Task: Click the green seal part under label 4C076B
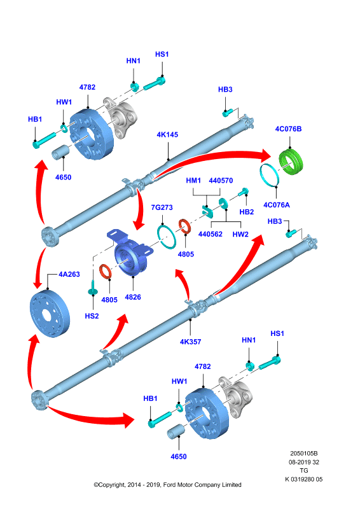point(291,162)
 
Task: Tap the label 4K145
point(167,135)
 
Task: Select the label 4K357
point(191,342)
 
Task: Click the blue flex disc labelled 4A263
point(50,314)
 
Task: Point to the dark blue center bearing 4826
point(130,251)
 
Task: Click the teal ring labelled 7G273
point(167,236)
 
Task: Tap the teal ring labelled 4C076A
point(270,176)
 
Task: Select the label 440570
point(221,181)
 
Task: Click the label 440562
point(211,234)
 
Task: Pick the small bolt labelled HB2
point(244,192)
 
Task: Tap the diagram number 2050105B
point(304,453)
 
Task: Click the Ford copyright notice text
point(167,485)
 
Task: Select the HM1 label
point(193,181)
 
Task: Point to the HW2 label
point(240,234)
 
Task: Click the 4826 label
point(133,297)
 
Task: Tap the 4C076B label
point(288,129)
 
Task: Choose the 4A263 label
point(69,274)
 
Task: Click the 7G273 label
point(162,207)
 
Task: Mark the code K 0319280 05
point(304,479)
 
